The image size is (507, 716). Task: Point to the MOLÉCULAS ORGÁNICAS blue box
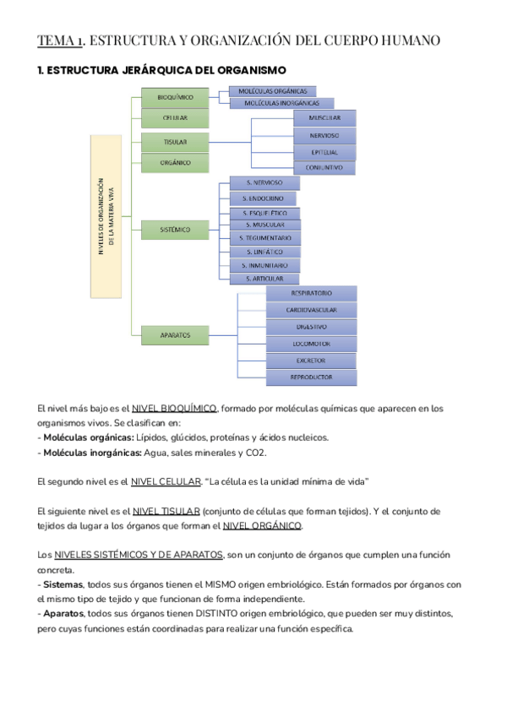(273, 90)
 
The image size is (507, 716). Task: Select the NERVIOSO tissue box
(324, 135)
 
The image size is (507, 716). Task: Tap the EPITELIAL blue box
(324, 152)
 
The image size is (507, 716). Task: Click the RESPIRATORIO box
(311, 293)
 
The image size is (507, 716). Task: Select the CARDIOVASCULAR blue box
(311, 310)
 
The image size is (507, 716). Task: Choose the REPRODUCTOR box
(311, 377)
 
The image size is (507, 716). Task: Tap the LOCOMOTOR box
(311, 344)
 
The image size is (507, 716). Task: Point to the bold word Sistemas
(62, 583)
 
